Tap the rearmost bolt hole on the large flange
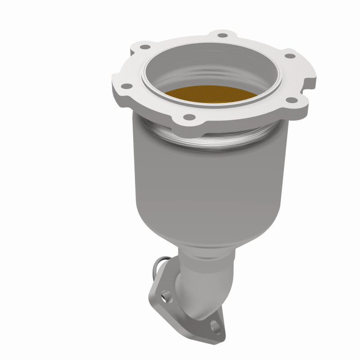pyautogui.click(x=222, y=35)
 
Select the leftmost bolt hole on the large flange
pyautogui.click(x=127, y=86)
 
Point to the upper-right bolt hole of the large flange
pyautogui.click(x=290, y=56)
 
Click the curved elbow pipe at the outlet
pyautogui.click(x=198, y=288)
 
